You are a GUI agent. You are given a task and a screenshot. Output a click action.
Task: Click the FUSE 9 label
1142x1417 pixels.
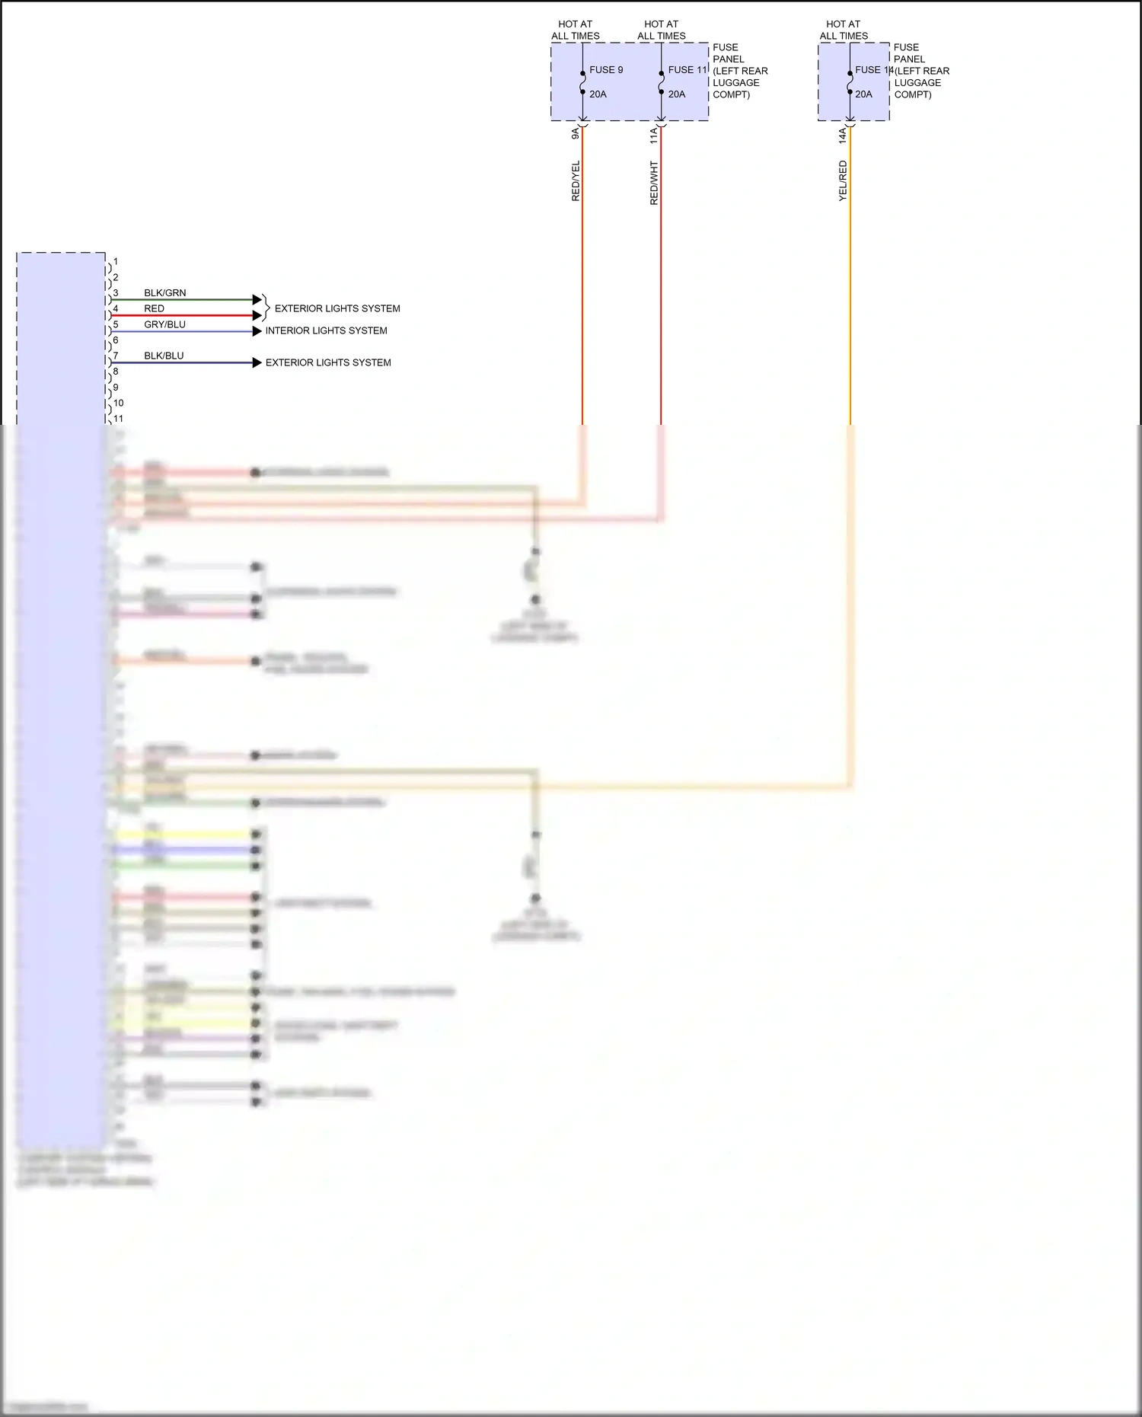(x=606, y=70)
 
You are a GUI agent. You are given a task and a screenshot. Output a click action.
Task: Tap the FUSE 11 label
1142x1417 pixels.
(x=687, y=70)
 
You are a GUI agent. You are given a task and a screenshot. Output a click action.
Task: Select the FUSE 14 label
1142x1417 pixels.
(x=872, y=70)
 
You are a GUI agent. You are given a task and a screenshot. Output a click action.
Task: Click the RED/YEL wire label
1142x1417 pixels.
(x=576, y=181)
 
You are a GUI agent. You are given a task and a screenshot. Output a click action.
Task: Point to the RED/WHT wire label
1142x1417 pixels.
(x=654, y=183)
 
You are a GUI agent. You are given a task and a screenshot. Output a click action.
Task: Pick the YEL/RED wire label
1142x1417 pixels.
(x=843, y=181)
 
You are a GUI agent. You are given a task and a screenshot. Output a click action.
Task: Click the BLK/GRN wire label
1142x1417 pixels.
(x=164, y=293)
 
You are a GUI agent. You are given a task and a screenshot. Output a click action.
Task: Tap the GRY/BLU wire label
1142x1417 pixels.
(x=164, y=324)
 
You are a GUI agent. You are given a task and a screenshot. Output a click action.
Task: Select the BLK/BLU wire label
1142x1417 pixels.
(x=164, y=356)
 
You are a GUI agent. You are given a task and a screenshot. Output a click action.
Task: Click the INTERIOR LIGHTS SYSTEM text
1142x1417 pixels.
(x=326, y=330)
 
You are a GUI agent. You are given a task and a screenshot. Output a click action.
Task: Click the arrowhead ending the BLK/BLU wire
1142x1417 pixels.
(x=257, y=363)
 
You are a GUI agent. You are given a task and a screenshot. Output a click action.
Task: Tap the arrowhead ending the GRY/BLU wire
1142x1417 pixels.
(x=257, y=331)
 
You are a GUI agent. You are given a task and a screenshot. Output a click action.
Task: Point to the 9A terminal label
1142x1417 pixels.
(x=576, y=133)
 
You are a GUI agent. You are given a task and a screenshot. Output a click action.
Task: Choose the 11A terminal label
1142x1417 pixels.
(x=654, y=136)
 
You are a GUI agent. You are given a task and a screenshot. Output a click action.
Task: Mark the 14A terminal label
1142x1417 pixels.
(x=843, y=136)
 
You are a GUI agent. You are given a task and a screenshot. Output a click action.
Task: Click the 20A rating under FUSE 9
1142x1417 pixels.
(x=598, y=94)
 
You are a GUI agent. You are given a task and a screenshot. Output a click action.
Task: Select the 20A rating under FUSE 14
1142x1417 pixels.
(x=863, y=94)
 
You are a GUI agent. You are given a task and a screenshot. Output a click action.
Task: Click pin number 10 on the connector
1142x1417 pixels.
(x=118, y=403)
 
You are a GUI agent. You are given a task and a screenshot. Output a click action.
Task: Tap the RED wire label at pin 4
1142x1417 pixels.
(x=154, y=308)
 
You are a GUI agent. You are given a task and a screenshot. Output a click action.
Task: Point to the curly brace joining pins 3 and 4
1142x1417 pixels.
(x=266, y=308)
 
